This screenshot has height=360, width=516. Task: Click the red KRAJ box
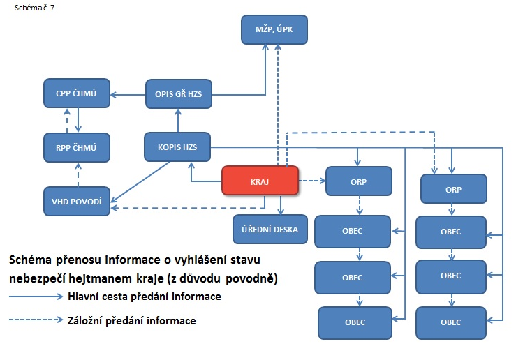point(260,181)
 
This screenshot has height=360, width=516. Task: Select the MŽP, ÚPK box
point(274,30)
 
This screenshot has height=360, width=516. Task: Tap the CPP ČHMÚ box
point(75,93)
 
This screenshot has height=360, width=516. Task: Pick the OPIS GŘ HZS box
point(178,94)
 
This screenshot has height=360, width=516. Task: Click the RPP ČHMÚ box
point(75,147)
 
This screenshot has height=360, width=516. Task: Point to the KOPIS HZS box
point(178,147)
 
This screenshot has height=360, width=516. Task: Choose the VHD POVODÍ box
point(76,201)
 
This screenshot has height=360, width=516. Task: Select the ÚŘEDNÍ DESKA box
point(270,229)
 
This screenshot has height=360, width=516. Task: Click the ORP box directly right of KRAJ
point(359,182)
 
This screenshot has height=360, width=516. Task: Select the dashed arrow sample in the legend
point(35,321)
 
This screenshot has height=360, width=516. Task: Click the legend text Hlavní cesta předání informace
point(145,297)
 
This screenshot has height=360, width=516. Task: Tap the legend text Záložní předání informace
point(132,321)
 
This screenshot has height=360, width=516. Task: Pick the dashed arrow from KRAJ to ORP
point(313,181)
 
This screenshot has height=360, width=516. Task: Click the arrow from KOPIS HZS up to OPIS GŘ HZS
point(177,121)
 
